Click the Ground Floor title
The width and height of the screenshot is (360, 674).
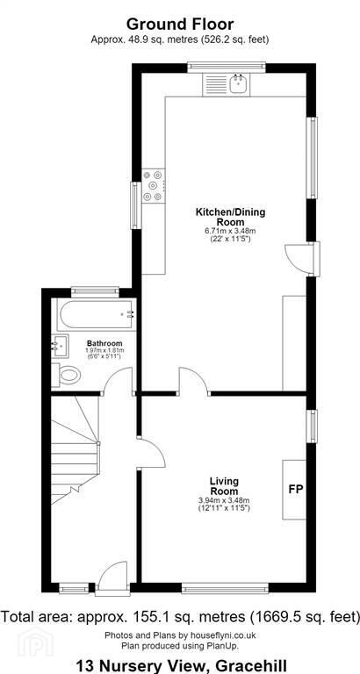pyautogui.click(x=180, y=24)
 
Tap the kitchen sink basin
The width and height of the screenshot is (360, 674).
pyautogui.click(x=237, y=84)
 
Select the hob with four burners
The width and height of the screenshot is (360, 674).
pyautogui.click(x=154, y=186)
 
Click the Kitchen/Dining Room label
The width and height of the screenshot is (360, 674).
pyautogui.click(x=230, y=217)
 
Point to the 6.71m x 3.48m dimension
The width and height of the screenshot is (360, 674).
pyautogui.click(x=230, y=231)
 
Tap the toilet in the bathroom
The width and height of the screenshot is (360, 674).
pyautogui.click(x=66, y=376)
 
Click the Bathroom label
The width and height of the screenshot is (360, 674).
pyautogui.click(x=104, y=343)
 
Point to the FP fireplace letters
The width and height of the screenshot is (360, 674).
pyautogui.click(x=296, y=489)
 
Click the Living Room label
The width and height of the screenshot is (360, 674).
pyautogui.click(x=224, y=485)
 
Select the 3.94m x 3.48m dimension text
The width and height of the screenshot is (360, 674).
pyautogui.click(x=224, y=500)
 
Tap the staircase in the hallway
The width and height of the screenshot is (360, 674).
pyautogui.click(x=76, y=449)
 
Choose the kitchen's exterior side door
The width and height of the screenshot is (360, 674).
pyautogui.click(x=304, y=259)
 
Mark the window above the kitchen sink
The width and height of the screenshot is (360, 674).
pyautogui.click(x=227, y=66)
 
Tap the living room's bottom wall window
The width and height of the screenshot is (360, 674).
pyautogui.click(x=225, y=588)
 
